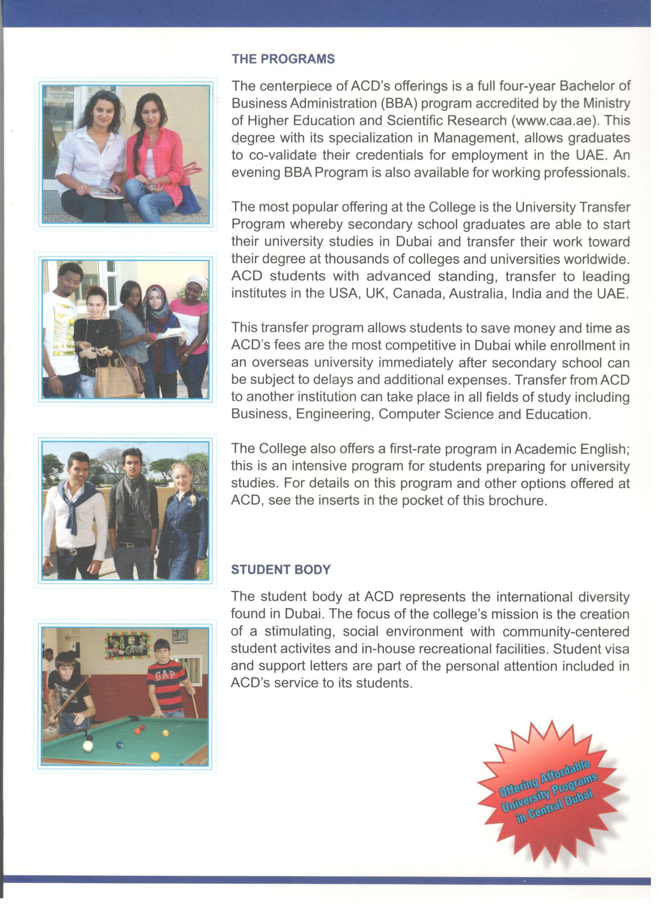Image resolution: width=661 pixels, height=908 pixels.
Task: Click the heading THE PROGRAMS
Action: [x=283, y=59]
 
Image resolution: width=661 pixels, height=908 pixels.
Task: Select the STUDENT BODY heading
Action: [x=281, y=570]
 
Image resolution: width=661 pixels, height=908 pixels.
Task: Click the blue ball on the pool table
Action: [x=119, y=744]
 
